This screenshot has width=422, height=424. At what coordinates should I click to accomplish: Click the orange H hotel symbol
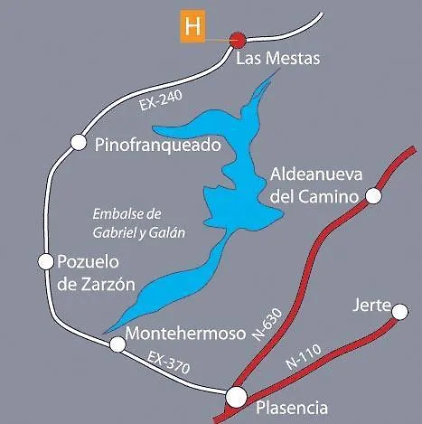click(x=192, y=25)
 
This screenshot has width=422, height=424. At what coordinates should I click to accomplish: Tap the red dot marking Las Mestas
click(x=238, y=39)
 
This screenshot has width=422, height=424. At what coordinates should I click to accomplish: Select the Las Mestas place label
click(x=277, y=60)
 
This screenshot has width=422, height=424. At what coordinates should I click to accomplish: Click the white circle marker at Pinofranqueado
click(x=77, y=143)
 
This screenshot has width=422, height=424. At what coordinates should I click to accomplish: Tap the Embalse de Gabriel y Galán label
click(x=138, y=222)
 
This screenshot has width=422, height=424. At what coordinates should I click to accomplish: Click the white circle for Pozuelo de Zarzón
click(x=45, y=261)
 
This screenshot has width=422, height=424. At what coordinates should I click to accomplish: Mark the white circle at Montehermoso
click(x=117, y=344)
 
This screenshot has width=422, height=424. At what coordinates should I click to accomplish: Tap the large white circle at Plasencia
click(x=236, y=396)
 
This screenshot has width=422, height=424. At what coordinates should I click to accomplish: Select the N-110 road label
click(x=302, y=358)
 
